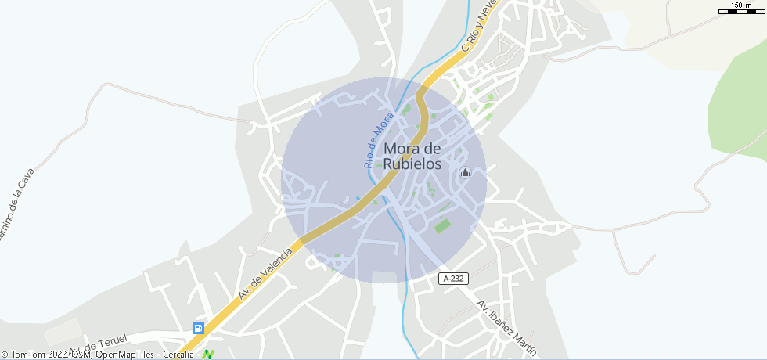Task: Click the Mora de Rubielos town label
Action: (412, 157)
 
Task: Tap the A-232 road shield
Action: (453, 278)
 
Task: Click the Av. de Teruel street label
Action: (99, 344)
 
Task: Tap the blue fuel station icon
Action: (199, 329)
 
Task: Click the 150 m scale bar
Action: (741, 9)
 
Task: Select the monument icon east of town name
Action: (466, 173)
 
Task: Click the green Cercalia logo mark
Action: (208, 355)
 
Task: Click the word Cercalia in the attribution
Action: (178, 355)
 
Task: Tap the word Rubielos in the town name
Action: (412, 165)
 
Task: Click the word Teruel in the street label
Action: (113, 340)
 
